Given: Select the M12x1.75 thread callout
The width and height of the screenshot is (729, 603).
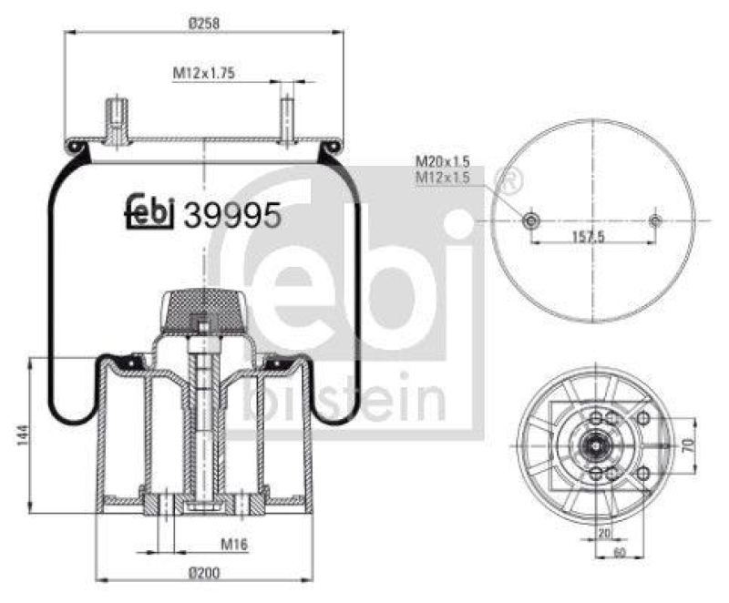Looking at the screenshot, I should point(205,74).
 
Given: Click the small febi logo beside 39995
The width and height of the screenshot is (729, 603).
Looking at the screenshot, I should point(150,211).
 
